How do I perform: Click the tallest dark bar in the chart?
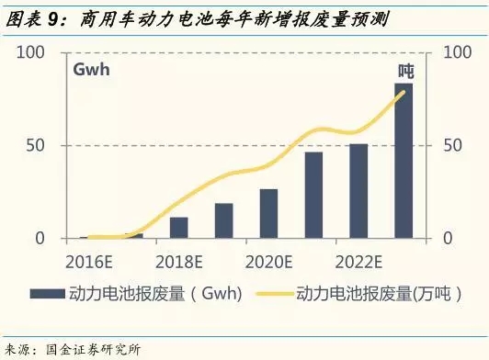(404, 161)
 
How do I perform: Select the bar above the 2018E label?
(179, 228)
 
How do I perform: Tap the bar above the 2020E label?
(268, 214)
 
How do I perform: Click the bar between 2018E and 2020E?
(224, 220)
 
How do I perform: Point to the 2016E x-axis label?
(90, 258)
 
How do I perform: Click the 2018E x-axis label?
(179, 258)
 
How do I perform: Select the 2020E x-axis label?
(268, 258)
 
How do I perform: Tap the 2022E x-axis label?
(358, 258)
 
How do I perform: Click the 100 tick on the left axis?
(31, 52)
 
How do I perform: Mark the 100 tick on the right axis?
(458, 52)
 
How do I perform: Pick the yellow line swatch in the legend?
(272, 295)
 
